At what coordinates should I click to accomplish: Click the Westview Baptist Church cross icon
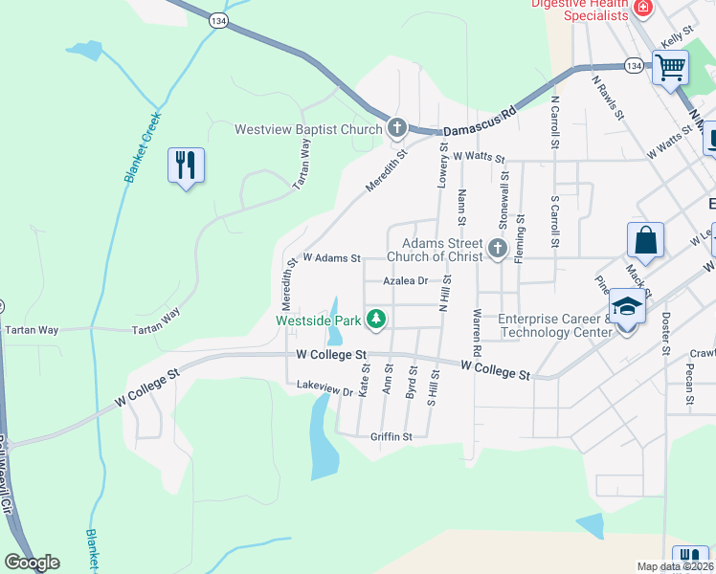[397, 128]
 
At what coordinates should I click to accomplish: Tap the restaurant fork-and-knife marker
[186, 166]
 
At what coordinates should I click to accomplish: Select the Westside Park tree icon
[377, 319]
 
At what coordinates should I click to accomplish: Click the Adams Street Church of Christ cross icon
[497, 249]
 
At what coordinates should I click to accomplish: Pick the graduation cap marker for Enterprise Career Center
[627, 308]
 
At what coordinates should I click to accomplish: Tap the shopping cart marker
[671, 67]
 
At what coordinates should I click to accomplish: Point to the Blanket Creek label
[142, 147]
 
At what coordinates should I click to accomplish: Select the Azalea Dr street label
[405, 281]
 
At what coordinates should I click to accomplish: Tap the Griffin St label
[391, 436]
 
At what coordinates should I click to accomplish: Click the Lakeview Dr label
[324, 389]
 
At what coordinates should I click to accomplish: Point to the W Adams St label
[331, 257]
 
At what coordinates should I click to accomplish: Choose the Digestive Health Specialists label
[581, 10]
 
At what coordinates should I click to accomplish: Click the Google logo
[32, 563]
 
